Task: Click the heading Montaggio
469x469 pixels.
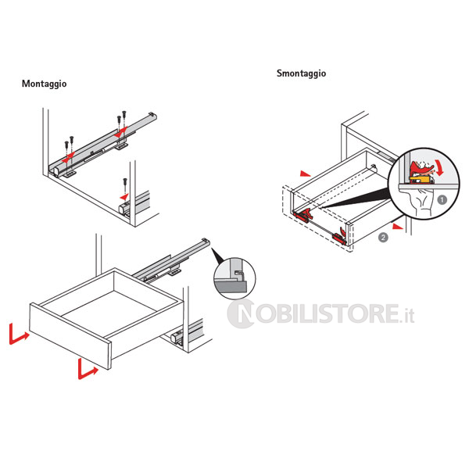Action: coord(44,84)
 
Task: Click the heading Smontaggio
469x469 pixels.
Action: coord(301,73)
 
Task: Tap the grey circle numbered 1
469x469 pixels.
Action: coord(442,200)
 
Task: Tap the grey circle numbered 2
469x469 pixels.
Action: coord(383,238)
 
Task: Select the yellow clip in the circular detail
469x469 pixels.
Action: coord(420,180)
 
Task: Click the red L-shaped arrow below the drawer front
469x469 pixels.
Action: coord(88,371)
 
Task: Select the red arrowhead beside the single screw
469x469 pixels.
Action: coord(124,197)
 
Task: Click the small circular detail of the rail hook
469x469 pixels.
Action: coord(234,278)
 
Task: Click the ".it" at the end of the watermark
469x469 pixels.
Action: coord(407,316)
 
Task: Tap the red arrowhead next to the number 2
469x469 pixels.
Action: coord(398,227)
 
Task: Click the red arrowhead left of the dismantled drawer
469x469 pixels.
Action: coord(306,174)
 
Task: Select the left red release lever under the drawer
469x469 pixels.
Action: coord(303,215)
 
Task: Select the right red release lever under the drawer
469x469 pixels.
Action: coord(340,236)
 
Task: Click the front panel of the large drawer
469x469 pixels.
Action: coord(70,336)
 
